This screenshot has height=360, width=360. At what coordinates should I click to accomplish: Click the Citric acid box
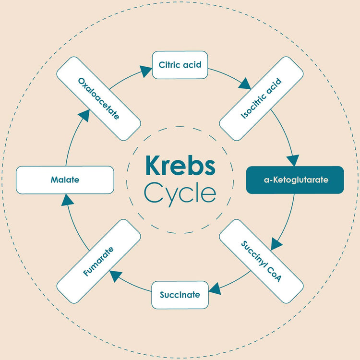(x=180, y=64)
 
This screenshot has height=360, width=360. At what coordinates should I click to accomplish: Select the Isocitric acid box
(x=261, y=98)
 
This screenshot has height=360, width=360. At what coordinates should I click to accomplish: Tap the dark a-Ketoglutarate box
(x=295, y=180)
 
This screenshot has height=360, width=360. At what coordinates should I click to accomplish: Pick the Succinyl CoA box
(x=261, y=262)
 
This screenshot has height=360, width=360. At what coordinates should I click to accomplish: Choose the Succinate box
(x=180, y=295)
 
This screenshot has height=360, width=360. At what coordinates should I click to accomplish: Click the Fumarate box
(x=98, y=262)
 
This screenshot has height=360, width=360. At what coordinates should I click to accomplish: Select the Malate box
(x=65, y=180)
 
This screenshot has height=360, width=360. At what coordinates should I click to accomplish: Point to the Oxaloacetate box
(x=98, y=98)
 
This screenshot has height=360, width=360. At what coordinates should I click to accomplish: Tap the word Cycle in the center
(x=180, y=193)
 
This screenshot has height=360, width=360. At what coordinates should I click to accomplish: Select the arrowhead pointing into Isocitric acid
(x=244, y=84)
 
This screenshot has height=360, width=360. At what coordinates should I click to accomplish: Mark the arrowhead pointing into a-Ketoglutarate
(x=292, y=160)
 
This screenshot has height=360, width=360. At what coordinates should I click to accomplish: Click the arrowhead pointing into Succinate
(x=215, y=288)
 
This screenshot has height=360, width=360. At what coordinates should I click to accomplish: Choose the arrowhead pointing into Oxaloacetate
(x=84, y=115)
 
